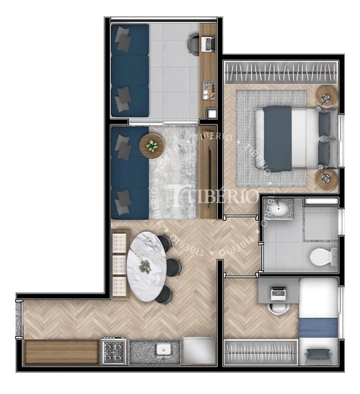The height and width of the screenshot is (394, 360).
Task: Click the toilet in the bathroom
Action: pos(323,257)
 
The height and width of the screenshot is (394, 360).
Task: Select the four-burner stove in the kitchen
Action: pos(114,351)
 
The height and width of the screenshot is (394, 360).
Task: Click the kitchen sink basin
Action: pos(164,350)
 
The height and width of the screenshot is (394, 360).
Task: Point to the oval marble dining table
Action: pos(146,267)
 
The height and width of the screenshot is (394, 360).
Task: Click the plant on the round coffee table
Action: pos(152,146)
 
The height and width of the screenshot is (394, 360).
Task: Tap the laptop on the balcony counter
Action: pos(209,44)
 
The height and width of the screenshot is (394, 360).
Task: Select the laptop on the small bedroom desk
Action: pos(278,293)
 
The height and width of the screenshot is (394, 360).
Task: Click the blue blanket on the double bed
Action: pos(278,139)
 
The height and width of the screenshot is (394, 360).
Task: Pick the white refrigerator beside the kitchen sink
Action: pos(199,350)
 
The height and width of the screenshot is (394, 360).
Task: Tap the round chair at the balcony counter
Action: pos(194,44)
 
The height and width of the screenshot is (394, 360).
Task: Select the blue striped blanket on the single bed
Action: pos(318,327)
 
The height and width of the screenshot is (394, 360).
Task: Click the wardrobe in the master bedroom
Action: pos(281,72)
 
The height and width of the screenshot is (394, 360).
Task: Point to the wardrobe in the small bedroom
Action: pos(261,352)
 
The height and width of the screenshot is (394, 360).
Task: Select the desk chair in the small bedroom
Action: pos(278,308)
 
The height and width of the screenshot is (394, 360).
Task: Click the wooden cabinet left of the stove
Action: pos(62,352)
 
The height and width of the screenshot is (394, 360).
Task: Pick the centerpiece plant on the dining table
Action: pos(145,267)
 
